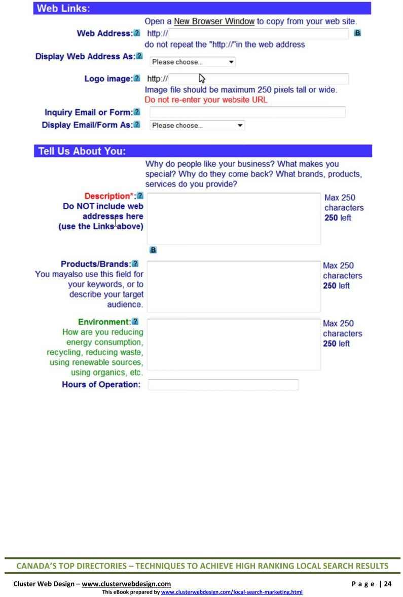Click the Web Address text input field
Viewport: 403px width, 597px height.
tap(258, 34)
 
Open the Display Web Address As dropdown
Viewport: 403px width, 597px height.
tap(193, 62)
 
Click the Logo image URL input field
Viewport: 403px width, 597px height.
tap(258, 79)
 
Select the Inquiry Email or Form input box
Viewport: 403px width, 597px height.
tap(247, 112)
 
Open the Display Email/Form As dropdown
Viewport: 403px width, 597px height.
tap(197, 125)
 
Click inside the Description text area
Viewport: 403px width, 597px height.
tap(234, 218)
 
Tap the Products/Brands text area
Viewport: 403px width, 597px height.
tap(234, 286)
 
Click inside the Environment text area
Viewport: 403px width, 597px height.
tap(234, 344)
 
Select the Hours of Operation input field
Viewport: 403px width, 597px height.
tap(223, 385)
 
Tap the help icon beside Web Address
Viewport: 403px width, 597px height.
tap(136, 33)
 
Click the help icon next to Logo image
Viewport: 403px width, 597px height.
tap(136, 79)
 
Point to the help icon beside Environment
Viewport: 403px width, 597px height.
tap(136, 322)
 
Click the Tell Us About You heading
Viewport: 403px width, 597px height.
tap(83, 151)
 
